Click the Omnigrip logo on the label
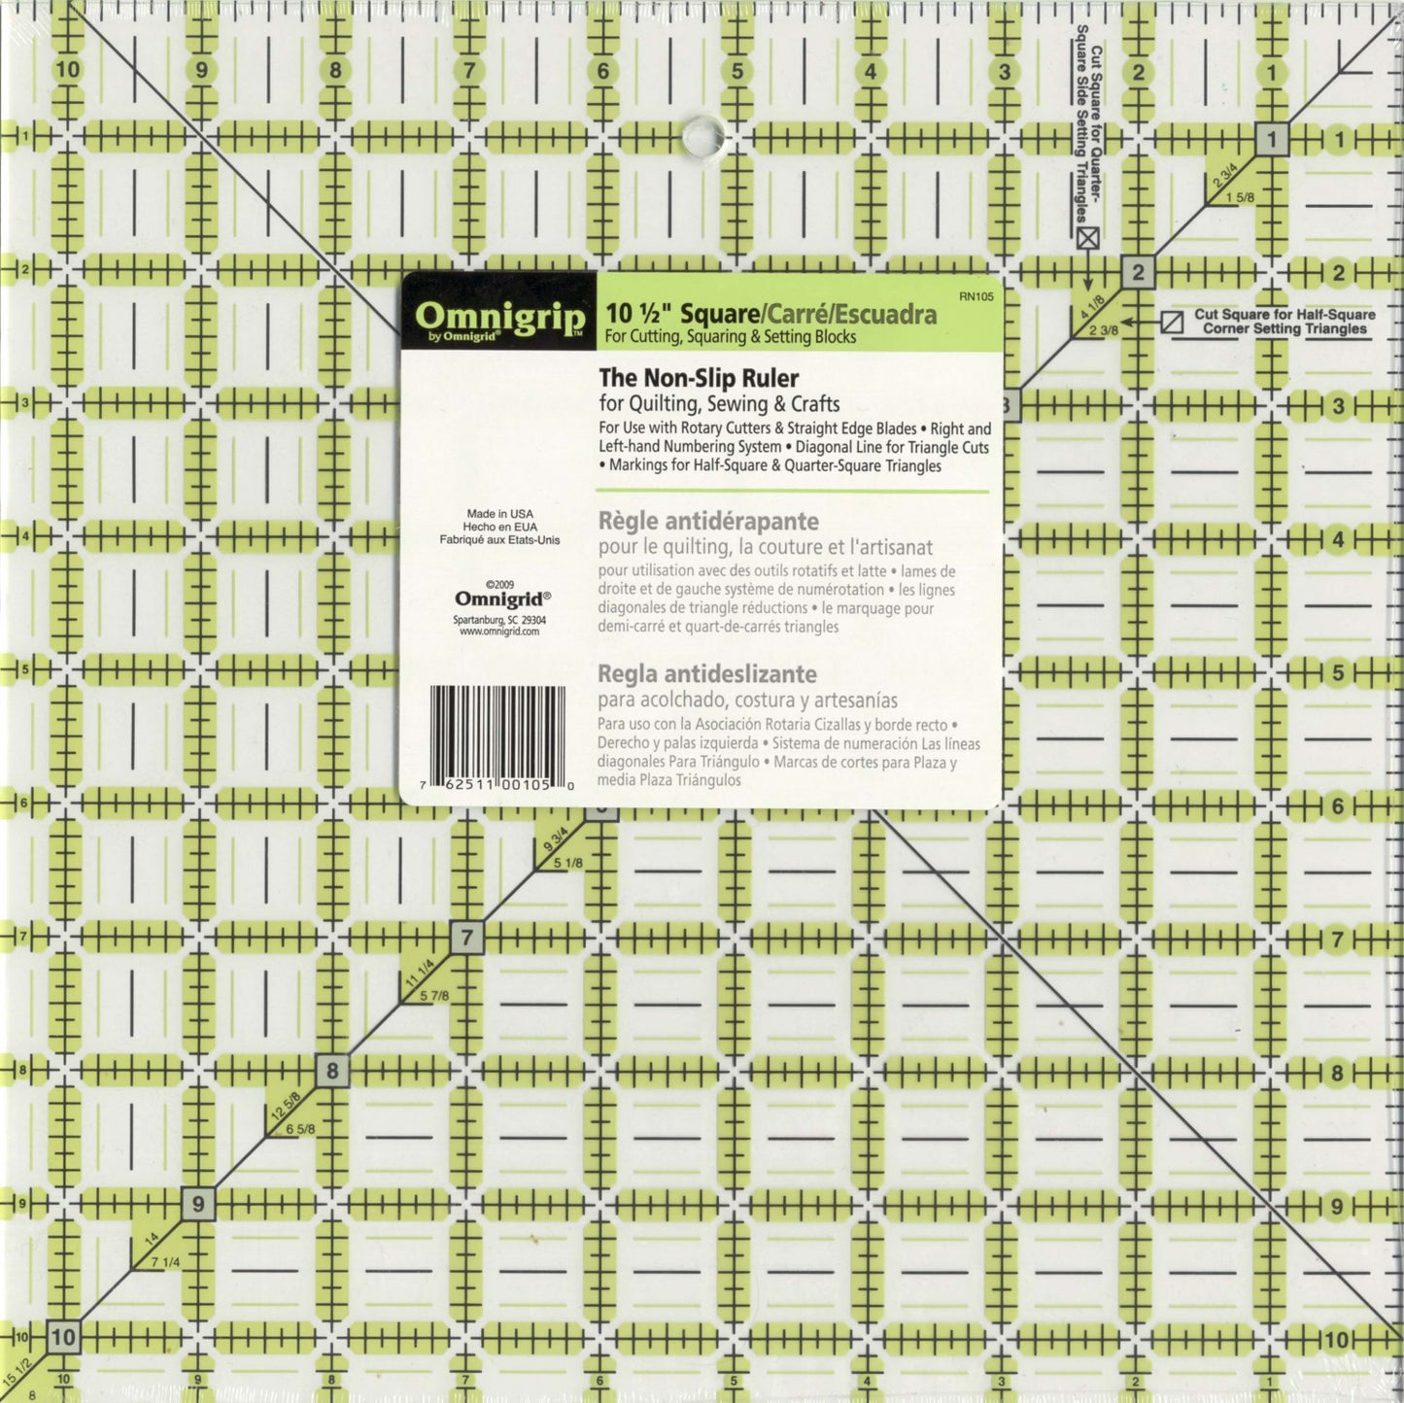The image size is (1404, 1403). pyautogui.click(x=499, y=318)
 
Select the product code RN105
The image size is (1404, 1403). pyautogui.click(x=976, y=297)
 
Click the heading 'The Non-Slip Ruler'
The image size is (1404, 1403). pyautogui.click(x=698, y=378)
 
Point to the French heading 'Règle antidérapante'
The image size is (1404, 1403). pyautogui.click(x=707, y=522)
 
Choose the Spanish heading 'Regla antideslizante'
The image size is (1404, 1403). pyautogui.click(x=706, y=673)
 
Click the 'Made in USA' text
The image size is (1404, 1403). pyautogui.click(x=499, y=514)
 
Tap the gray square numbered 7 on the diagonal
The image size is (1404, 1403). pyautogui.click(x=467, y=938)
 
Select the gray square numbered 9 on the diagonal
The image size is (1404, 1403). pyautogui.click(x=198, y=1205)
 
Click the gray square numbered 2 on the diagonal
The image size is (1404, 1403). pyautogui.click(x=1138, y=272)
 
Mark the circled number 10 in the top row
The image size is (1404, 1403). pyautogui.click(x=67, y=70)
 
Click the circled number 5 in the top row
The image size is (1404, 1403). pyautogui.click(x=736, y=71)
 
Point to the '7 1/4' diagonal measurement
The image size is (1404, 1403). pyautogui.click(x=164, y=1262)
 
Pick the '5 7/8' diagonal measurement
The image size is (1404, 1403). pyautogui.click(x=433, y=996)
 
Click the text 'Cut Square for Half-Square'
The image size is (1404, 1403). pyautogui.click(x=1284, y=314)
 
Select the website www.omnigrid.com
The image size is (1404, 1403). pyautogui.click(x=499, y=632)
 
